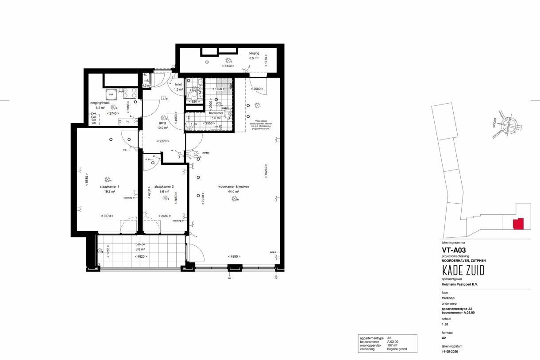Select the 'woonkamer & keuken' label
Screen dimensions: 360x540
(233, 186)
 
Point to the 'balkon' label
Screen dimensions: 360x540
(141, 244)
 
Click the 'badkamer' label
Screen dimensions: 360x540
(216, 113)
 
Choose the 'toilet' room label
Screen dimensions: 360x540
(178, 84)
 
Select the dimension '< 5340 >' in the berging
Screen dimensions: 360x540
(228, 66)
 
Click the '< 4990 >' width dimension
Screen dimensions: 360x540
(234, 256)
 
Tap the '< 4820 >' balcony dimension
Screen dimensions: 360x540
(141, 256)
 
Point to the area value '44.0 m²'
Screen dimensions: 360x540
(233, 192)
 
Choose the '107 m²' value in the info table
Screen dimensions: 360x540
(392, 345)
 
